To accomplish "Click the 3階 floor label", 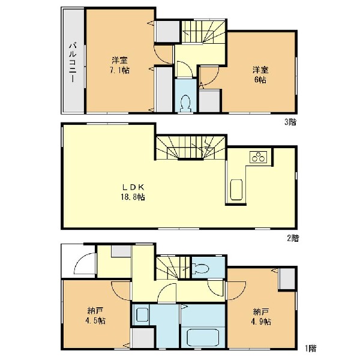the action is pos(290,122).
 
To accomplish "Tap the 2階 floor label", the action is pos(293,238).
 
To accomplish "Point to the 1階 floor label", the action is pos(311,348).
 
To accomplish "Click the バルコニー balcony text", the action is pos(73,62).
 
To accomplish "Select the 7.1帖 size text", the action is pos(119,70).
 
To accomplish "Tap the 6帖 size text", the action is pos(260,80).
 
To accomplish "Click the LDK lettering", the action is pos(133,187).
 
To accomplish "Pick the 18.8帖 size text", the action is pos(133,197).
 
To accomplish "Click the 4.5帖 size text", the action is pos(95,320).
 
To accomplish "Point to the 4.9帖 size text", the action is pos(261,322).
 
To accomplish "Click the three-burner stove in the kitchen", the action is pos(258,157).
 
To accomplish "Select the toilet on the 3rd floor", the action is pos(185,103).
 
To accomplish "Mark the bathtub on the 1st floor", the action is pos(203,337).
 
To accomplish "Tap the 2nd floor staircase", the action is pos(190,148).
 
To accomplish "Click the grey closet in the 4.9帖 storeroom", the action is pos(287,279).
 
